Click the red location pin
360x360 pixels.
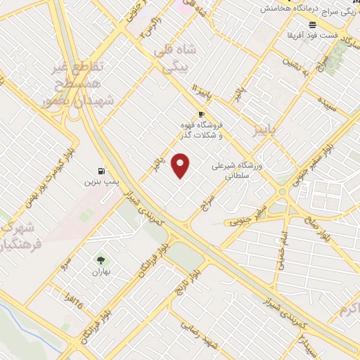pos(181,166)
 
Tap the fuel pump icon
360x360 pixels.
pos(103,171)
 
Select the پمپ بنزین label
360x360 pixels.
pos(98,183)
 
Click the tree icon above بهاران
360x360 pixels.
pos(99,259)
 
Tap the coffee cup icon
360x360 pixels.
pos(202,114)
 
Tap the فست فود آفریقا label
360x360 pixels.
pos(313,34)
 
